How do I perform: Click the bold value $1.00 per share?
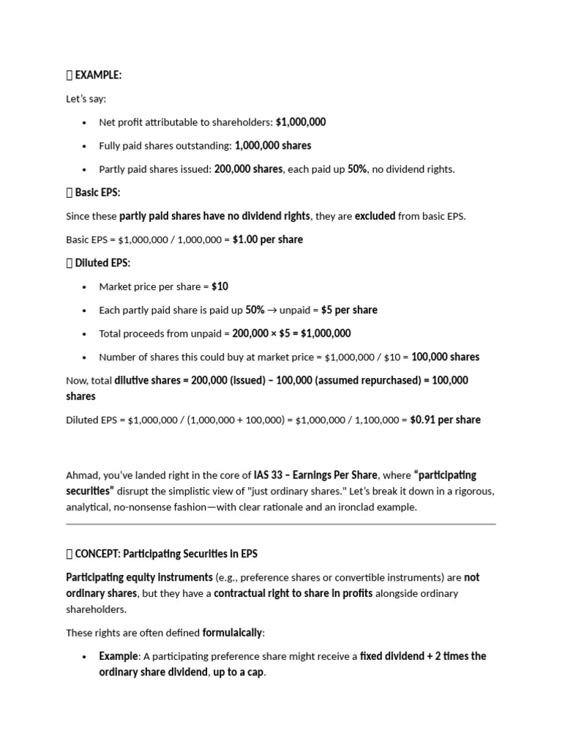[267, 240]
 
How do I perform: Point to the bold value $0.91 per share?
[445, 420]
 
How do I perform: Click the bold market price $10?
[220, 286]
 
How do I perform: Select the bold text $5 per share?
[349, 310]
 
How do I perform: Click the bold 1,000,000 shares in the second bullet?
[272, 146]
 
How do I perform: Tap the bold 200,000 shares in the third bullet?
[248, 169]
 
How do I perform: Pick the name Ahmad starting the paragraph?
[80, 475]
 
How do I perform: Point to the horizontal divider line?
[281, 524]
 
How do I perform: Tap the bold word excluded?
[375, 216]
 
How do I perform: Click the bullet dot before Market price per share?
[85, 287]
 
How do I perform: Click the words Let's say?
[86, 98]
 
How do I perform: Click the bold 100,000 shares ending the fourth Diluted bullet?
[445, 357]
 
